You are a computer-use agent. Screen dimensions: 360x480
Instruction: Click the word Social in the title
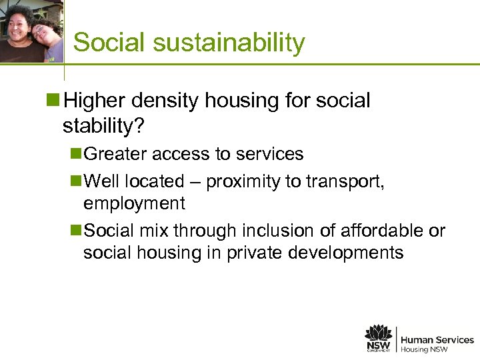coord(107,43)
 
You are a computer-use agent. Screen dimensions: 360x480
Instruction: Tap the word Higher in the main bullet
coord(98,101)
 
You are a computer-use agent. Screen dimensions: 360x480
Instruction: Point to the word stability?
coord(99,125)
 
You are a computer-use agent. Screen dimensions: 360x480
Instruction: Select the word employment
coord(134,203)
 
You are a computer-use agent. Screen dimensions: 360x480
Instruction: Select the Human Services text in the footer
coord(437,340)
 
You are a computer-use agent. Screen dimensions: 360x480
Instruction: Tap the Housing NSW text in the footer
coord(425,349)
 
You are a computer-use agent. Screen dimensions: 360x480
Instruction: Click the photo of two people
coord(31,32)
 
